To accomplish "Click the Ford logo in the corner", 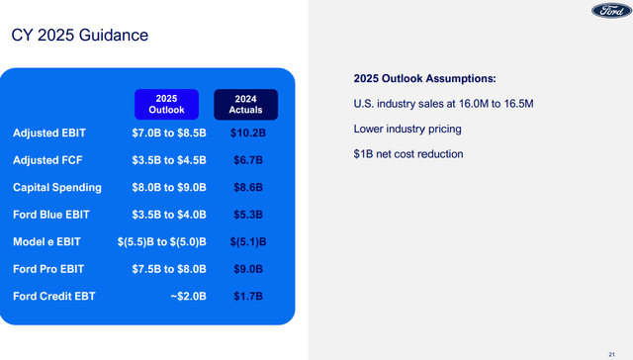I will pyautogui.click(x=604, y=12).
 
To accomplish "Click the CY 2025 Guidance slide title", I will pyautogui.click(x=80, y=36).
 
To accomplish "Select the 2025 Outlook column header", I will pyautogui.click(x=166, y=104).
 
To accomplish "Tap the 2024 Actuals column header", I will pyautogui.click(x=246, y=104).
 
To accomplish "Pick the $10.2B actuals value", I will pyautogui.click(x=246, y=133).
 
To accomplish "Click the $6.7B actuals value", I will pyautogui.click(x=246, y=159).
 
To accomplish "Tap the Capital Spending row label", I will pyautogui.click(x=57, y=186).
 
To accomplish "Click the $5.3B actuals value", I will pyautogui.click(x=246, y=213).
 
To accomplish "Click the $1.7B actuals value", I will pyautogui.click(x=246, y=293).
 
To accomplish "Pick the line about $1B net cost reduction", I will pyautogui.click(x=407, y=153).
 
